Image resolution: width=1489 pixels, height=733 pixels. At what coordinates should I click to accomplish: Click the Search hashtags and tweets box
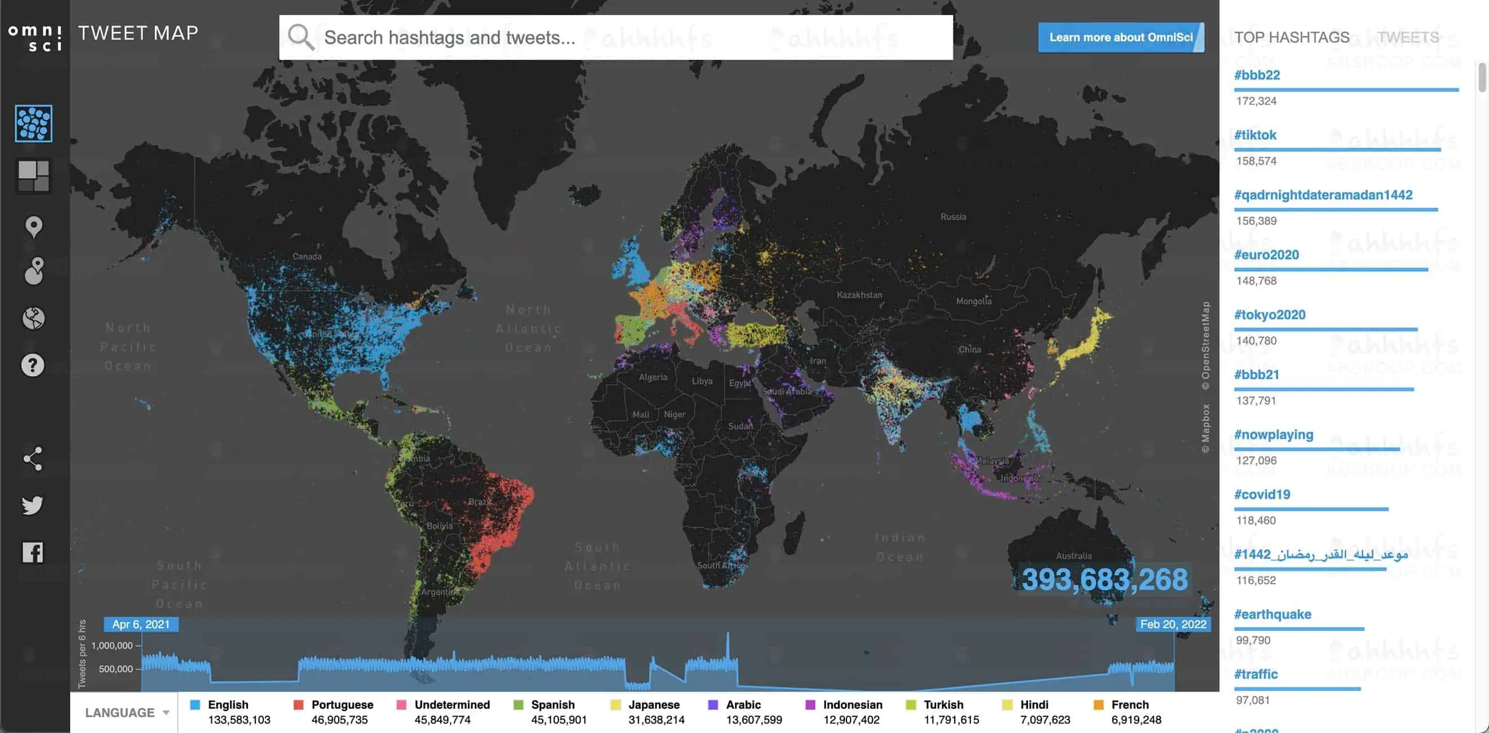tap(615, 38)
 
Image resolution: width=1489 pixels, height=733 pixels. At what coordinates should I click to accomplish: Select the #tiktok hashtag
tap(1255, 135)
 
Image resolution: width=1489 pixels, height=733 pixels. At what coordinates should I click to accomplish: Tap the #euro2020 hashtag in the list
tap(1266, 255)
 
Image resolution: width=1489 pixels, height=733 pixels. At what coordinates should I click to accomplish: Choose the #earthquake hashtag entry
tap(1272, 615)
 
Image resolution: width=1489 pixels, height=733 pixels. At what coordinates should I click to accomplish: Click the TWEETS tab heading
tap(1407, 38)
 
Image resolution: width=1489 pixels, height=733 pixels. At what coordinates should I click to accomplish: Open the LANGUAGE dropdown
tap(127, 713)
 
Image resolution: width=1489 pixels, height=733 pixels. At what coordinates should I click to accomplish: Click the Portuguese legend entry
tap(334, 712)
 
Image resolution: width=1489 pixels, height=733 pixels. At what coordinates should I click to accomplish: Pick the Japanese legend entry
tap(648, 712)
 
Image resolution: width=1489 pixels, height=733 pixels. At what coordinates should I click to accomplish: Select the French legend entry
tap(1127, 712)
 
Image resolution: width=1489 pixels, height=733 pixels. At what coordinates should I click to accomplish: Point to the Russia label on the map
tap(953, 217)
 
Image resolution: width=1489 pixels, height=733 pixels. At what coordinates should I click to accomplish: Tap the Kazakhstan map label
tap(859, 295)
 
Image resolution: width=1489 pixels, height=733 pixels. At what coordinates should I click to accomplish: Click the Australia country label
tap(1074, 556)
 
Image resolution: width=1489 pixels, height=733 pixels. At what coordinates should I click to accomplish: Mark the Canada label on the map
tap(307, 257)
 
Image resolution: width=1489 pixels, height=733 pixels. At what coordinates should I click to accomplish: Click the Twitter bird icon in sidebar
tap(33, 505)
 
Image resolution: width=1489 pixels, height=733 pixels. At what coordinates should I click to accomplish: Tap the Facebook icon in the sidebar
tap(33, 552)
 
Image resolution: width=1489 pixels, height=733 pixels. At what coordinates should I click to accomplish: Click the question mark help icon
tap(33, 365)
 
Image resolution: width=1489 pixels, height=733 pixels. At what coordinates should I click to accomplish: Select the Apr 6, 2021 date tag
tap(141, 624)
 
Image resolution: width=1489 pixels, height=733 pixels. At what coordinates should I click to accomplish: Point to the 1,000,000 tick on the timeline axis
tap(112, 646)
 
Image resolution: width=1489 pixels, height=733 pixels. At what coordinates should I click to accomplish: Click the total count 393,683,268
tap(1104, 579)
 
